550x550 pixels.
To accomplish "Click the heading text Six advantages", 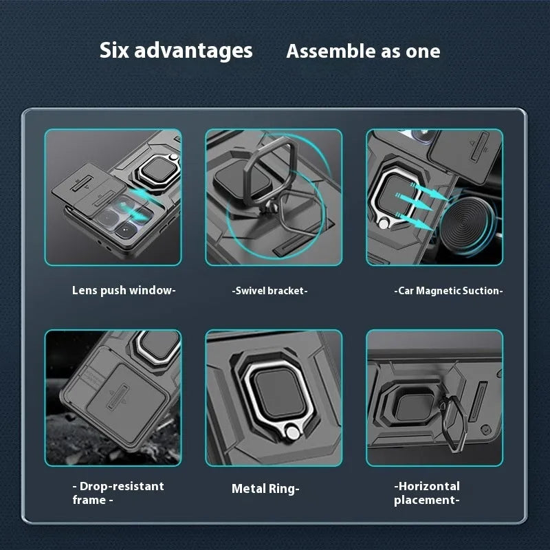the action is (176, 51).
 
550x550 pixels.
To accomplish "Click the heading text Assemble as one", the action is (363, 52).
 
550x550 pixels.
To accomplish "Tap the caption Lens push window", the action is (124, 291).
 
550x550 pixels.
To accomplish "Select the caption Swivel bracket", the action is (269, 291).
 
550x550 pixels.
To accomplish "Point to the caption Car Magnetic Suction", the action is (449, 291).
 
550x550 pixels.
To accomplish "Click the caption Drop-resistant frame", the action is (118, 493).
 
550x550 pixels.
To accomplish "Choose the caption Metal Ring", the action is (265, 489).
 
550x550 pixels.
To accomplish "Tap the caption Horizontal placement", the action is (427, 493).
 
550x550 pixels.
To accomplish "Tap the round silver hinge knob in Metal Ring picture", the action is (292, 433).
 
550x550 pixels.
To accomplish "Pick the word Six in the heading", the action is (114, 50).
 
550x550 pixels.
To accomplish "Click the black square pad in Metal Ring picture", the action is (279, 393).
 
